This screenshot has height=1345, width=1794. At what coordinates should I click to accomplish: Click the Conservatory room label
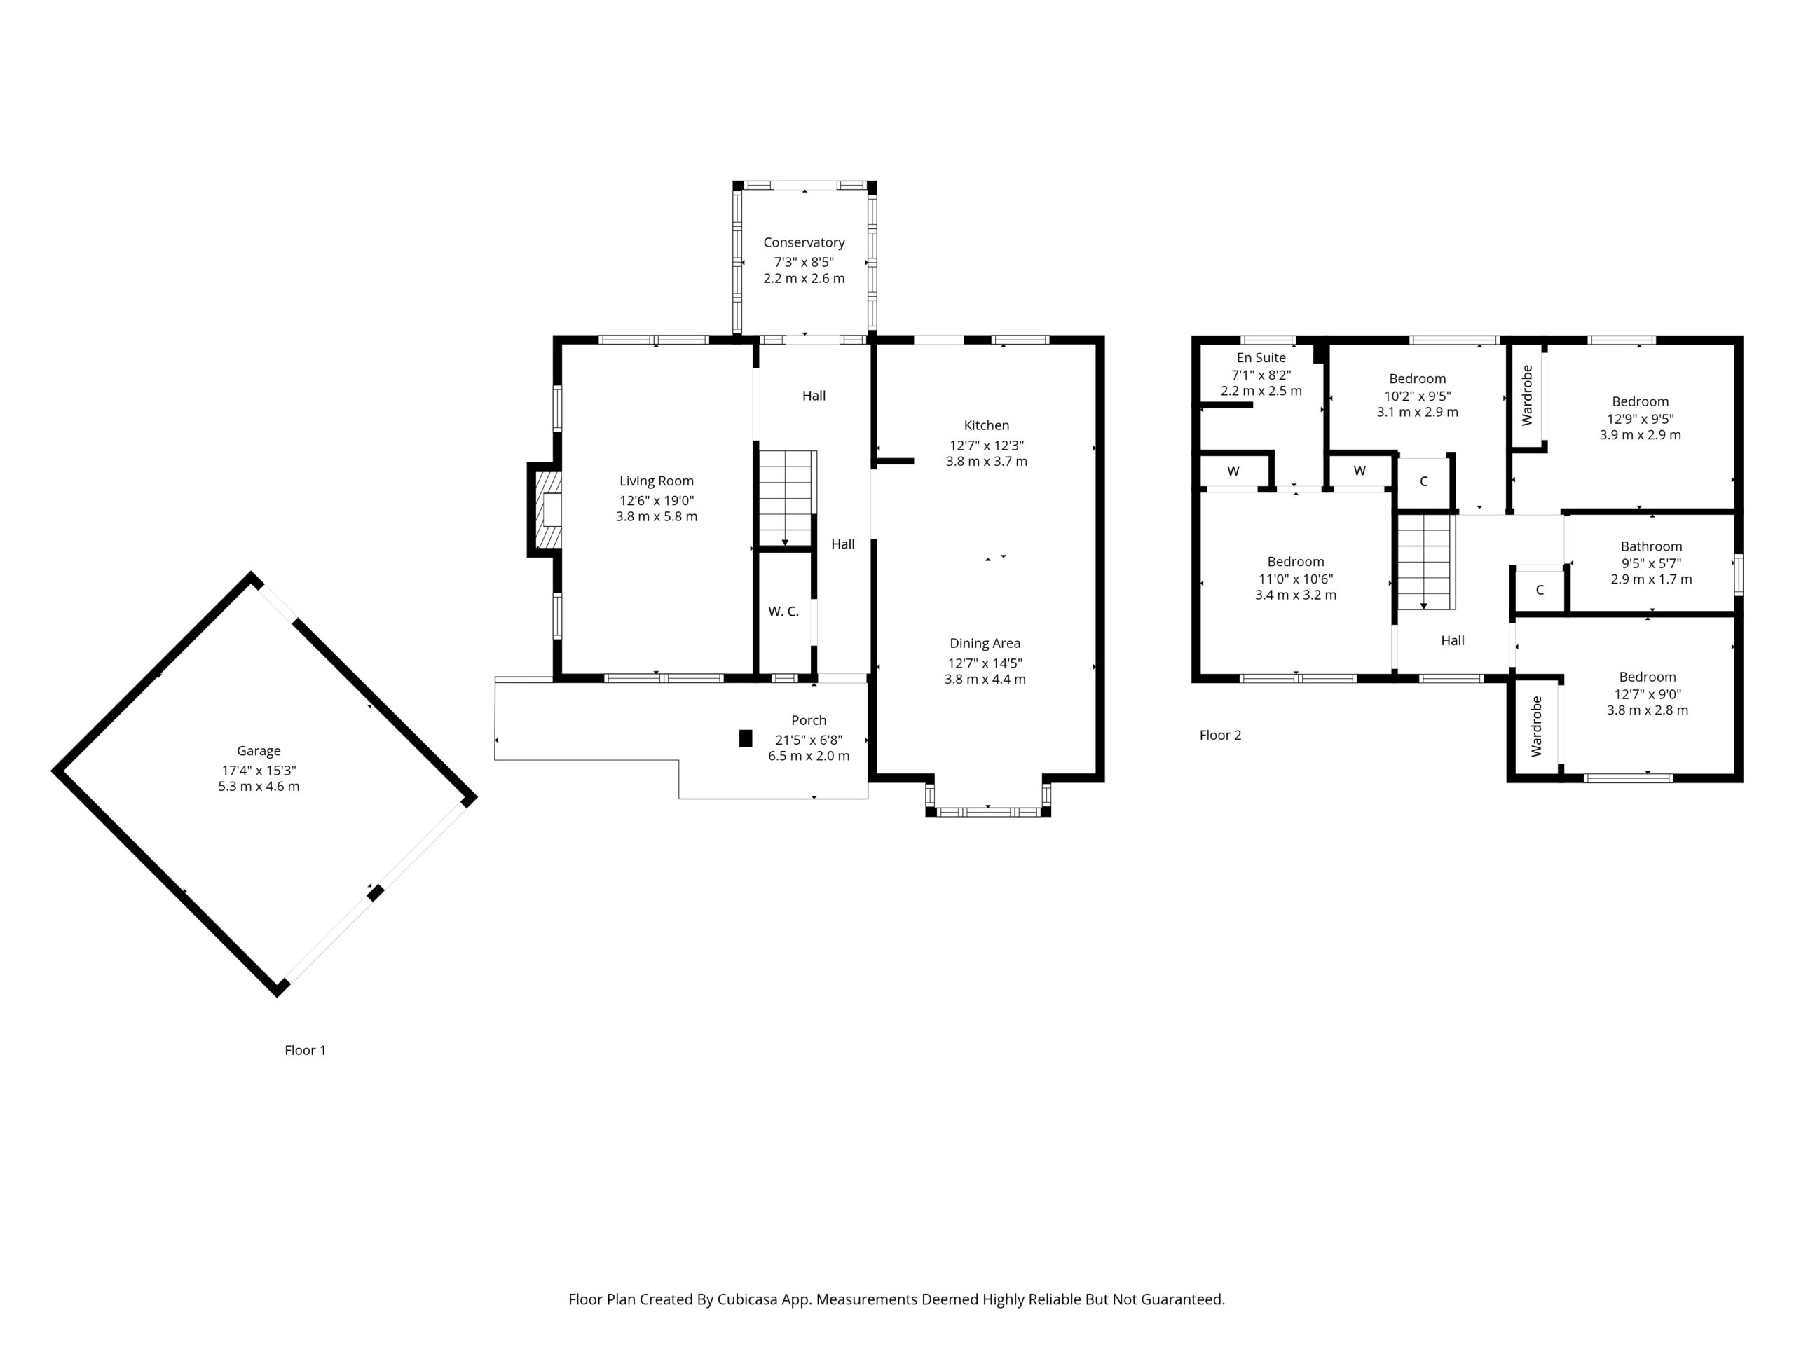pyautogui.click(x=803, y=242)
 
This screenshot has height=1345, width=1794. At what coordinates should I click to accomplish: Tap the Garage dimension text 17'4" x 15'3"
pyautogui.click(x=259, y=770)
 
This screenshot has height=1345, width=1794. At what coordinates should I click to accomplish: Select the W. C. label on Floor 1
pyautogui.click(x=783, y=612)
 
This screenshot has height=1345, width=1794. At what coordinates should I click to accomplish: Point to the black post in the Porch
pyautogui.click(x=746, y=738)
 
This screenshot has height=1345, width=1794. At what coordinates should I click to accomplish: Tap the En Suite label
pyautogui.click(x=1261, y=357)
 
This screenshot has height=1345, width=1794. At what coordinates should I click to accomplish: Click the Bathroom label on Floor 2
pyautogui.click(x=1651, y=546)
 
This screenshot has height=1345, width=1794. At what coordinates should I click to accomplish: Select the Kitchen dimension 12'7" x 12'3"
pyautogui.click(x=986, y=445)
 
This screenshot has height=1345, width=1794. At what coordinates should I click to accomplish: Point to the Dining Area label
pyautogui.click(x=985, y=643)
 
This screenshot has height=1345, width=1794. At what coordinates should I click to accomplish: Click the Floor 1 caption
pyautogui.click(x=305, y=1050)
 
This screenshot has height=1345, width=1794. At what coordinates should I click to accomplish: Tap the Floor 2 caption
pyautogui.click(x=1220, y=736)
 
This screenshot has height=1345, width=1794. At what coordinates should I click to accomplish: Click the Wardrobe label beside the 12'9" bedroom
pyautogui.click(x=1527, y=395)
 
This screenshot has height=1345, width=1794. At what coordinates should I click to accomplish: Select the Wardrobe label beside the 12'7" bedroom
pyautogui.click(x=1536, y=726)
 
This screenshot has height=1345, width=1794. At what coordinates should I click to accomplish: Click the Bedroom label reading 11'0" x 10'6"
pyautogui.click(x=1295, y=562)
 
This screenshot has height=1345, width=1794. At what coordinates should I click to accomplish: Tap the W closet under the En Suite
pyautogui.click(x=1233, y=471)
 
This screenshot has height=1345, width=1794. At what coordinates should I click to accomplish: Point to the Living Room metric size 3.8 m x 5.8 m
pyautogui.click(x=656, y=516)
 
